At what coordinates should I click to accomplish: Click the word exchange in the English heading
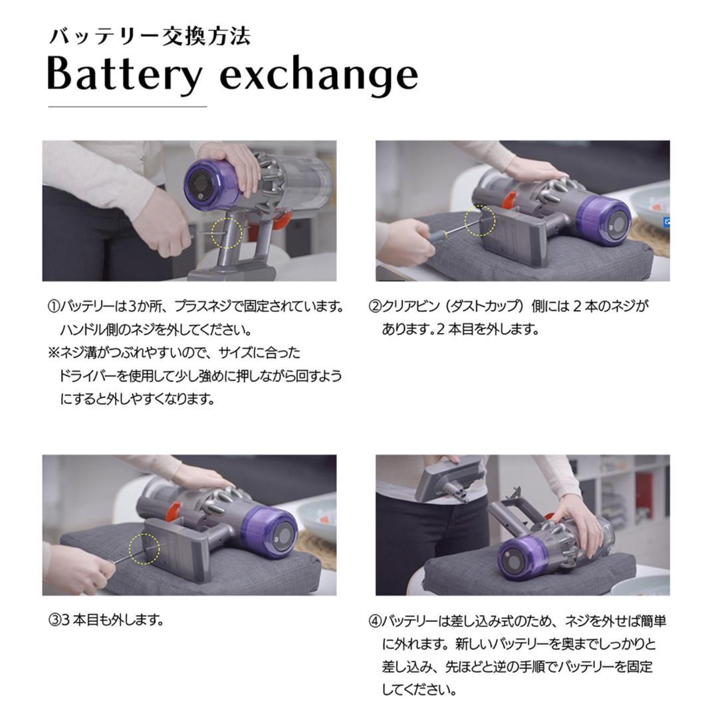pos(319,75)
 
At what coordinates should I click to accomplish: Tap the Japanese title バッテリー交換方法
pos(149,36)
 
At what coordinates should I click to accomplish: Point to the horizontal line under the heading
pos(127,106)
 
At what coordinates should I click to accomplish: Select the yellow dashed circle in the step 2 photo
pos(479,221)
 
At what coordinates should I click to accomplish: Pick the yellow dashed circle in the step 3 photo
pos(146,547)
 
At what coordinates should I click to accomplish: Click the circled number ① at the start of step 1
pos(54,307)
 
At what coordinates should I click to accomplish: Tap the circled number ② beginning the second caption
pos(374,307)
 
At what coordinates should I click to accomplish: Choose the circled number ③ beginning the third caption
pos(54,621)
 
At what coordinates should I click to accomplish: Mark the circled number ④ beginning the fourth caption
pos(374,622)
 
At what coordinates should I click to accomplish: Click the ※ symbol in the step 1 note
pos(53,353)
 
